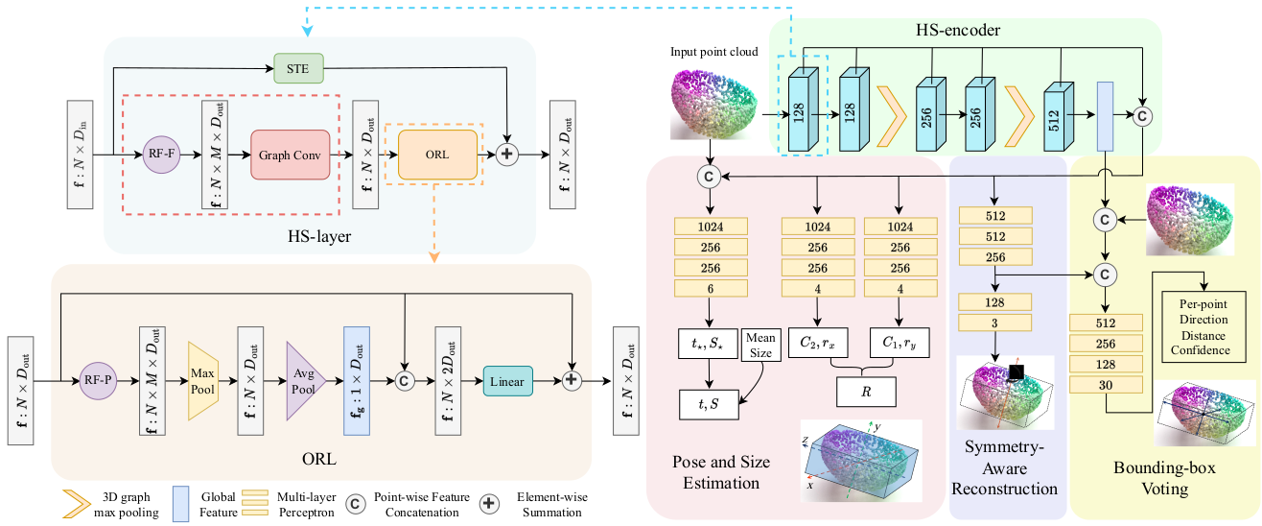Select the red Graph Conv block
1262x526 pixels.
coord(291,154)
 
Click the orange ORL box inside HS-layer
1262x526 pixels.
coord(436,154)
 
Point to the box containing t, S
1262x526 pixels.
coord(711,404)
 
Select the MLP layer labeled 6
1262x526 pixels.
coord(711,289)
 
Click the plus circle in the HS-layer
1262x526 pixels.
coord(508,154)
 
